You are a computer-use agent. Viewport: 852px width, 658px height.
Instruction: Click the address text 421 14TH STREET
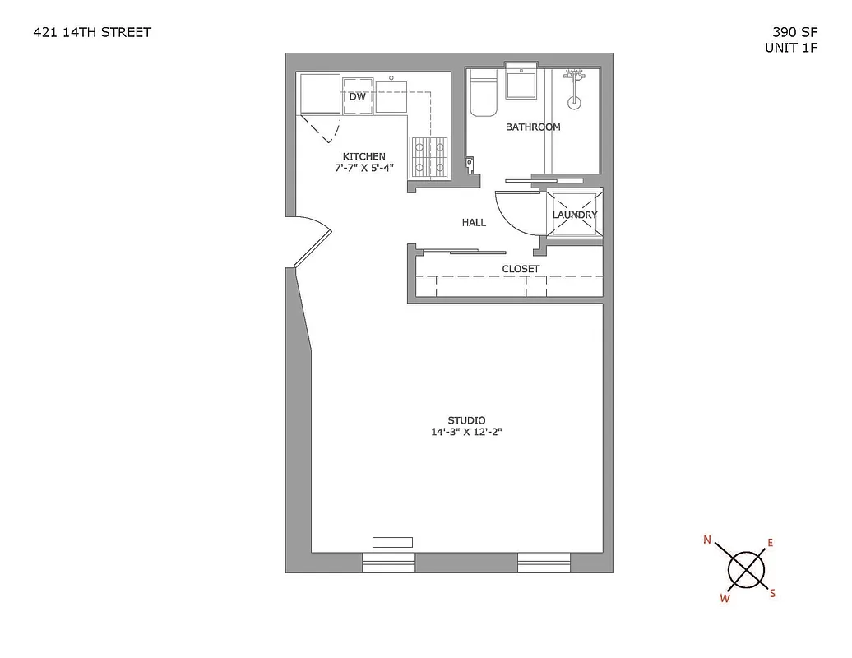tap(91, 33)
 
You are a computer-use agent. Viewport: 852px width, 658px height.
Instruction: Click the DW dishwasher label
tap(357, 96)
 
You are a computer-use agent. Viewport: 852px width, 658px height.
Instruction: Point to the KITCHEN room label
tap(363, 156)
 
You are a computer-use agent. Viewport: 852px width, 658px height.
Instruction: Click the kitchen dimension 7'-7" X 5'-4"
tap(364, 168)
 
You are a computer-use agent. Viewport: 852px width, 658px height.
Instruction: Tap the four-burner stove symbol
tap(428, 156)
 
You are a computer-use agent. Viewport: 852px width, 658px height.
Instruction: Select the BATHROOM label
tap(533, 127)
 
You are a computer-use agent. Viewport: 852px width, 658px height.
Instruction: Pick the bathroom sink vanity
tap(521, 83)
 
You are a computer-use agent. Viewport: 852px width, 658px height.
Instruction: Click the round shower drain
tap(575, 104)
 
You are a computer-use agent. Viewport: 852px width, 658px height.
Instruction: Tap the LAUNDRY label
tap(575, 215)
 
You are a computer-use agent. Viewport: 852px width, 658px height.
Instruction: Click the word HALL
tap(474, 222)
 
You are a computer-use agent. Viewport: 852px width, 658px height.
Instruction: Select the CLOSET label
tap(521, 269)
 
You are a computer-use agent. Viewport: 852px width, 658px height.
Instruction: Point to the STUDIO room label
tap(466, 420)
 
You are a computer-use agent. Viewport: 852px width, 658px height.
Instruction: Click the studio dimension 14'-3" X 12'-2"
tap(466, 432)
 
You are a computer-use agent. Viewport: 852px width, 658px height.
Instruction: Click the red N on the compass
tap(707, 540)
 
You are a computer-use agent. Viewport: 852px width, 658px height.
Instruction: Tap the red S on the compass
tap(772, 593)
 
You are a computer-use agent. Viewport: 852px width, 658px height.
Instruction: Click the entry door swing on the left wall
tap(312, 239)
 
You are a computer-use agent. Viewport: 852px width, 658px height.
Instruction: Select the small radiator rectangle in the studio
tap(392, 542)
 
